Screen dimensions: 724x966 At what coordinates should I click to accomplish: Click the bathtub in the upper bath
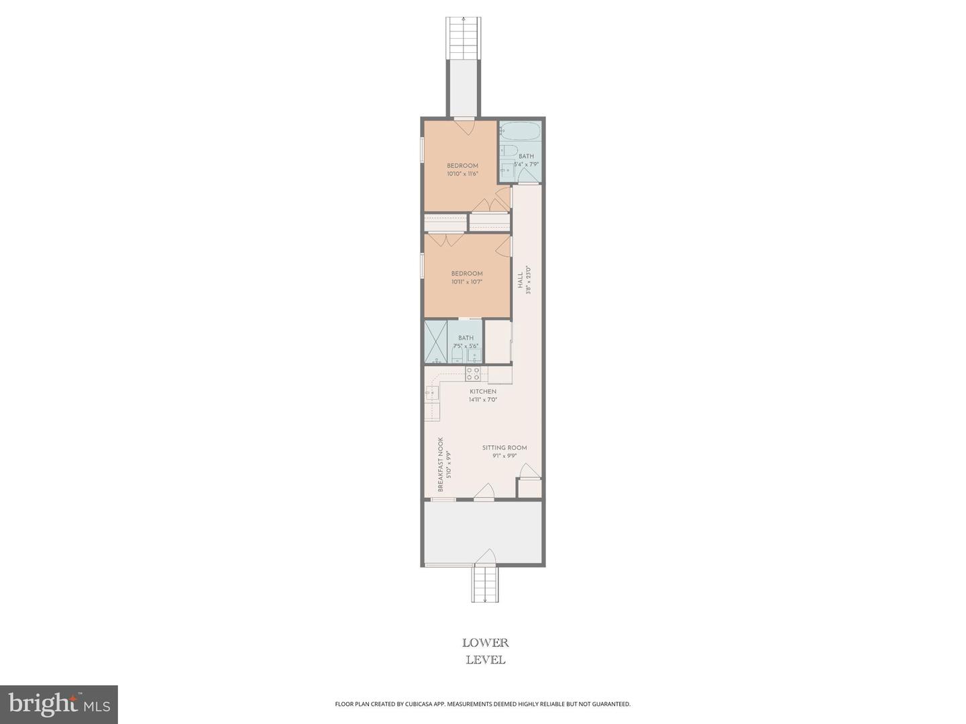(x=520, y=131)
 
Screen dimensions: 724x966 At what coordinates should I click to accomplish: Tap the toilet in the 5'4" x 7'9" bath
(x=509, y=151)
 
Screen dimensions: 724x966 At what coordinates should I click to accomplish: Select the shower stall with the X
(x=436, y=342)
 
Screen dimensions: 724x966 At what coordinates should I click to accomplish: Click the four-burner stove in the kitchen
(x=473, y=373)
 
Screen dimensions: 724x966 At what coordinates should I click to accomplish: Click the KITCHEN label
(x=482, y=391)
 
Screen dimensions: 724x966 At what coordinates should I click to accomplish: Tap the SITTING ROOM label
(x=504, y=448)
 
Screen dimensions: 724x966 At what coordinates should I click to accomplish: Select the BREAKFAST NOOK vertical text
(x=441, y=464)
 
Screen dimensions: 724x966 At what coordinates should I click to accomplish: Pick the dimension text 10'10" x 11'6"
(x=462, y=174)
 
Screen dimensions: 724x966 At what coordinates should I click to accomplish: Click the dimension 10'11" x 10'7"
(x=466, y=282)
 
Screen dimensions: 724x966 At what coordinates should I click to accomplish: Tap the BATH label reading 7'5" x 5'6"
(x=466, y=338)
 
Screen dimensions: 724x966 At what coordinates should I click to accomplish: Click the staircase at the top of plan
(x=464, y=38)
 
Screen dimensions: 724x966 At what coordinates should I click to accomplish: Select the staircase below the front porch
(x=485, y=585)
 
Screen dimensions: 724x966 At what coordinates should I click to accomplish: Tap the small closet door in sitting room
(x=529, y=471)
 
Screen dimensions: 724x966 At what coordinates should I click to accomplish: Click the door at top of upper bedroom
(x=464, y=125)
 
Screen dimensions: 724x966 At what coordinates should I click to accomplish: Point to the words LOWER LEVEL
(x=485, y=651)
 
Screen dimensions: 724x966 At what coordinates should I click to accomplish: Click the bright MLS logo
(x=59, y=704)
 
